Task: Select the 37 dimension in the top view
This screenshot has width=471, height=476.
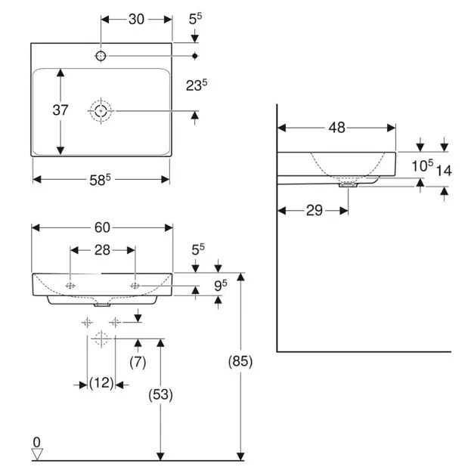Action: point(60,110)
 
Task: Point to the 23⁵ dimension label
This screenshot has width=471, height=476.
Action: point(197,86)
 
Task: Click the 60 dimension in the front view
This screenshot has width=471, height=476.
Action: point(102,227)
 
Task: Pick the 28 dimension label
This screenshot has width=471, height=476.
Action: point(102,249)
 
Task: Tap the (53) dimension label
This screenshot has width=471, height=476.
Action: point(161,394)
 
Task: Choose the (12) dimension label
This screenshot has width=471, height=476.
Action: point(101,383)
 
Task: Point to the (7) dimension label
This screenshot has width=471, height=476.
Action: point(137,361)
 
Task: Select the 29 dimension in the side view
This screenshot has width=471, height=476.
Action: point(315,211)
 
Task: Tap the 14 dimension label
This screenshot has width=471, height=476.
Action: point(444,171)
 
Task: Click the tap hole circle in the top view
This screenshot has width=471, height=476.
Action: point(101,56)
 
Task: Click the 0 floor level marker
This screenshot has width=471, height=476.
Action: point(36,441)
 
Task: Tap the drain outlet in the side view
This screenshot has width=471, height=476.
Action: point(349,184)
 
